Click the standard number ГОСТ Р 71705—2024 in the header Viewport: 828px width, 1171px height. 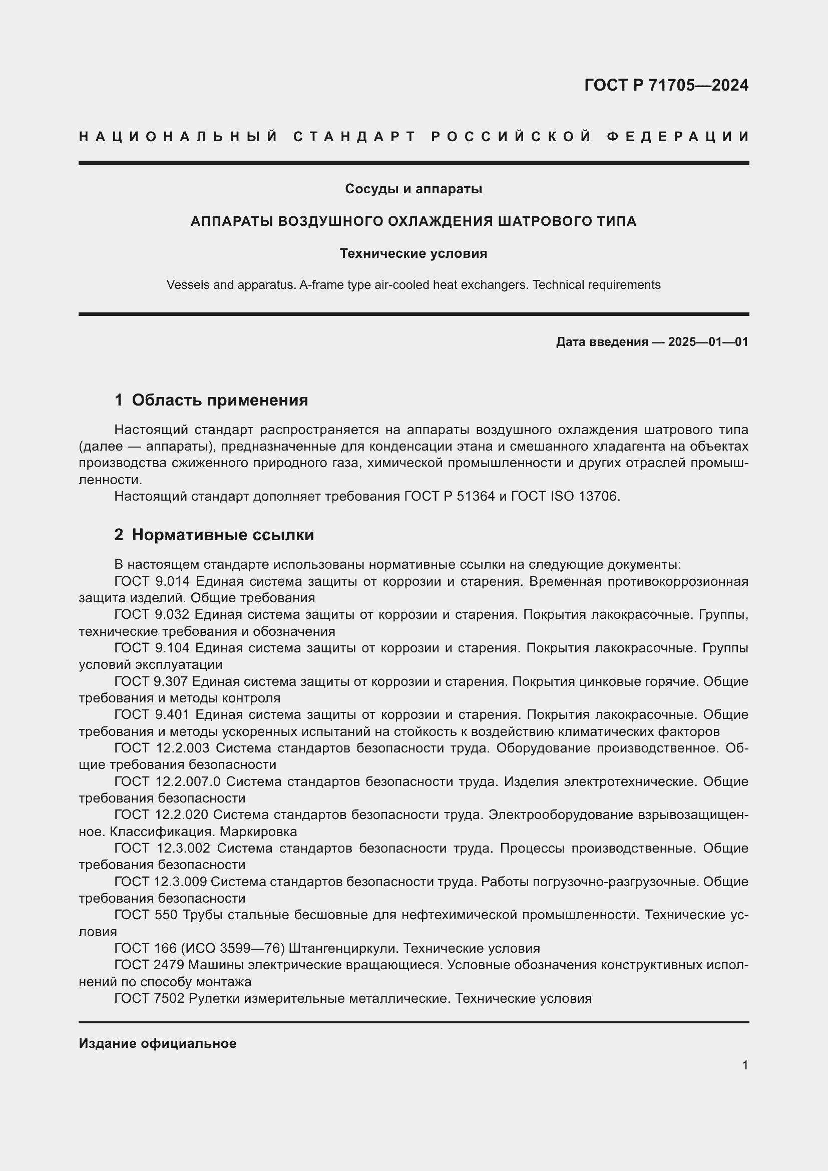click(x=666, y=85)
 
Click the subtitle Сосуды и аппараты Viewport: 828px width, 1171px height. click(x=413, y=189)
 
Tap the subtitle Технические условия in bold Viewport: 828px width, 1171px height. click(x=413, y=253)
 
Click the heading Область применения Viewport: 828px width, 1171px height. click(x=220, y=401)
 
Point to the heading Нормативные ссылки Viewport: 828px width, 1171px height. click(x=223, y=535)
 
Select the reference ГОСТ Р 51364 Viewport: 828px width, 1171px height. click(x=449, y=496)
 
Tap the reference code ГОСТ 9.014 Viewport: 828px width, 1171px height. click(x=152, y=581)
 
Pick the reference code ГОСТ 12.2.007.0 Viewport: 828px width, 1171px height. click(x=167, y=782)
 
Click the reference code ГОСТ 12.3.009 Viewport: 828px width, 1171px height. click(x=161, y=881)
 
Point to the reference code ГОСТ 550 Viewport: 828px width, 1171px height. click(x=146, y=915)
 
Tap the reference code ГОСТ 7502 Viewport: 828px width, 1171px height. click(x=149, y=998)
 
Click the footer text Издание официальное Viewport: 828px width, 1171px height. click(x=158, y=1043)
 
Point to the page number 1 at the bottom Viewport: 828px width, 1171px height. click(x=745, y=1065)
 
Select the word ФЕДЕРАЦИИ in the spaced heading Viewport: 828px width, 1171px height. click(x=678, y=137)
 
